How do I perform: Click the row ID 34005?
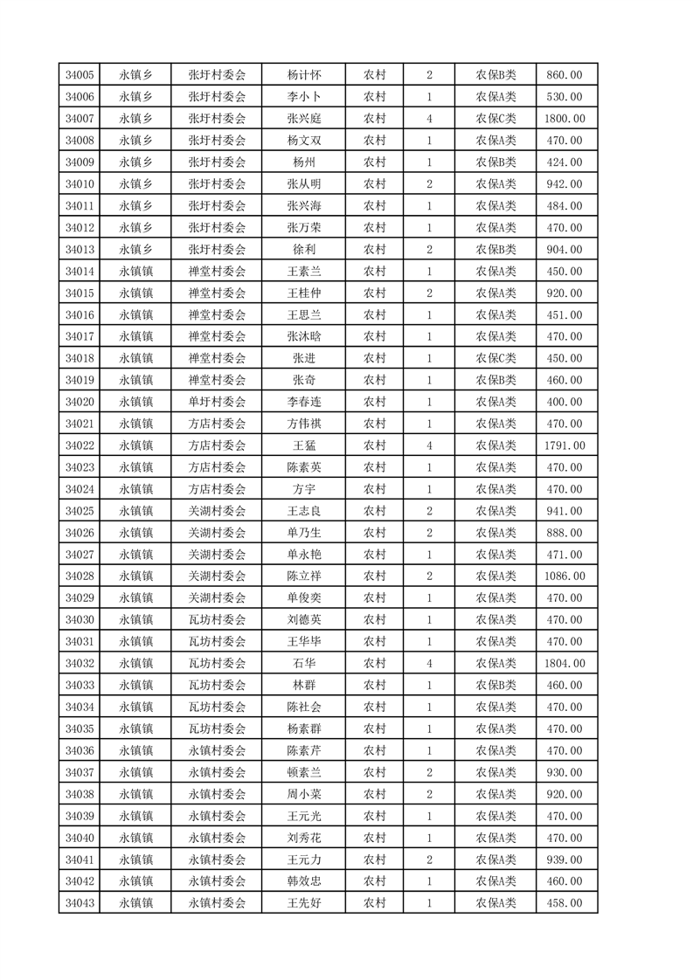coord(80,75)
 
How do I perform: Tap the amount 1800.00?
coord(564,119)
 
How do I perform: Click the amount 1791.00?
coord(564,445)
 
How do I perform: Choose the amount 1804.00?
coord(564,664)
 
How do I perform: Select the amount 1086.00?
coord(564,576)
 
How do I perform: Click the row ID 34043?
coord(80,903)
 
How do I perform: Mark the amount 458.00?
coord(564,903)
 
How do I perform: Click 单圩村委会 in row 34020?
coord(218,402)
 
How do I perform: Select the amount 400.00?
coord(564,402)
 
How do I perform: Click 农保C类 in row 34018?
coord(495,358)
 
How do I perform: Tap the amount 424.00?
coord(564,162)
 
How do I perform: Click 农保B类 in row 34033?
coord(495,686)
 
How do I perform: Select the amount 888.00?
coord(564,533)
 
